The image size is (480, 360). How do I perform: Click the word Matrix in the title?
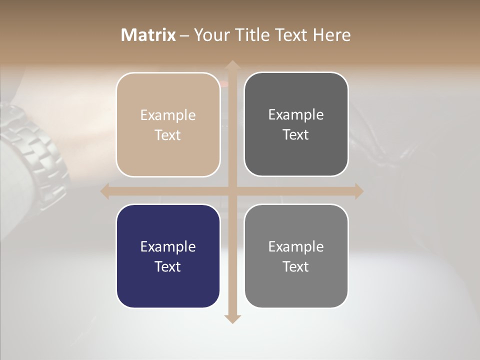pos(148,35)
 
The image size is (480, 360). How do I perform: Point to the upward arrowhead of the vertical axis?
pos(232,65)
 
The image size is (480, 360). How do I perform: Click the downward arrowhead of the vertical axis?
pos(232,318)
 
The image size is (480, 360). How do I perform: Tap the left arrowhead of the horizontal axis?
pos(105,191)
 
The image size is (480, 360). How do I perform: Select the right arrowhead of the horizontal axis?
pos(358,191)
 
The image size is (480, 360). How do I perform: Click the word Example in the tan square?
pos(168,115)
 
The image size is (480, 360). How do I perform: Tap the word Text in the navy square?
pos(168,266)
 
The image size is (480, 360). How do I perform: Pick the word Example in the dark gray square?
pos(296,115)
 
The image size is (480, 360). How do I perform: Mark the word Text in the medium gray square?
pos(296,266)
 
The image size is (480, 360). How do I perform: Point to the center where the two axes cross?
pos(232,191)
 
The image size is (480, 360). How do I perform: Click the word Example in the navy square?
pos(168,247)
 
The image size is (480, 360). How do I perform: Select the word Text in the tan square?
pos(168,135)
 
